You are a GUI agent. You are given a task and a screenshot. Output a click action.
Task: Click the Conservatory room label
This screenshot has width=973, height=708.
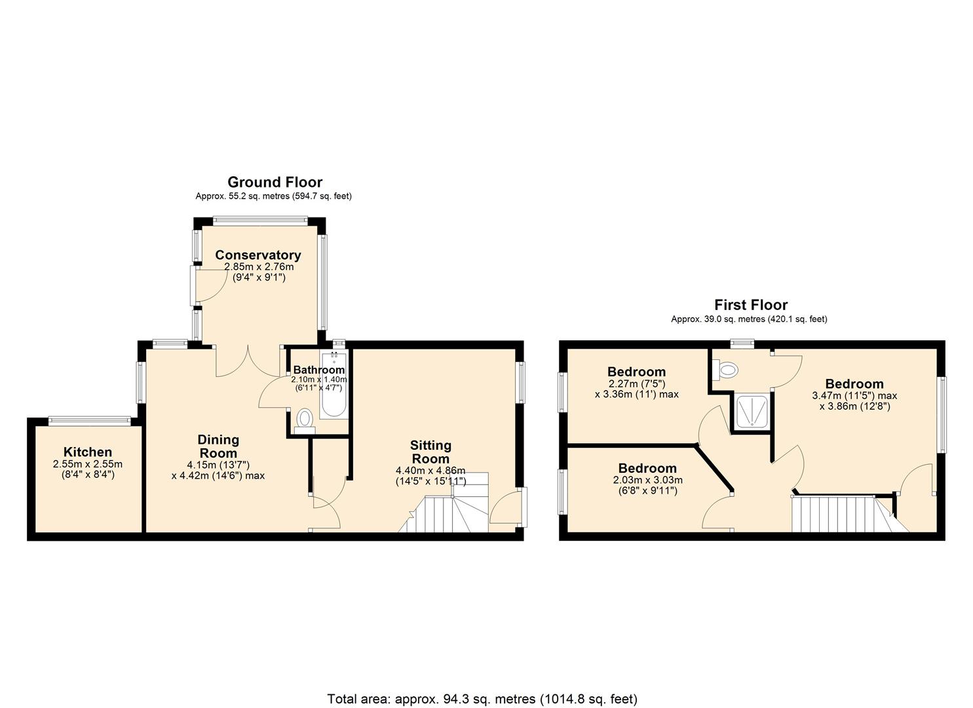[258, 255]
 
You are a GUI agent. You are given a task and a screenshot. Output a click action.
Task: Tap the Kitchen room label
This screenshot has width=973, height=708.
[88, 452]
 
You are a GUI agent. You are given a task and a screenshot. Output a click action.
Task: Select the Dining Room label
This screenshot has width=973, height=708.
[218, 446]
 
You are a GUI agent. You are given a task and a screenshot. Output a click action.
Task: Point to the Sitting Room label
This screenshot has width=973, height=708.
[430, 452]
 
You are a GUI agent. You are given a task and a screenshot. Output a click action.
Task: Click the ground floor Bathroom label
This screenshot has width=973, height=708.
[318, 370]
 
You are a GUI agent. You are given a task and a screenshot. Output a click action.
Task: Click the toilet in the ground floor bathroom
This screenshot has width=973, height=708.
[304, 418]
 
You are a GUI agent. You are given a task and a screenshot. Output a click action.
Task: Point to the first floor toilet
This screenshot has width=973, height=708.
[726, 370]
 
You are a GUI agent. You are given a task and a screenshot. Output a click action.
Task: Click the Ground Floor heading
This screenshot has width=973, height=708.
[275, 182]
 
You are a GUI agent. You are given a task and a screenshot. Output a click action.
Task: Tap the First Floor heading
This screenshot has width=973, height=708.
[750, 305]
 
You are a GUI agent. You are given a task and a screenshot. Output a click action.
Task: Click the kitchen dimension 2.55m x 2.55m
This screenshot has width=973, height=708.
[88, 464]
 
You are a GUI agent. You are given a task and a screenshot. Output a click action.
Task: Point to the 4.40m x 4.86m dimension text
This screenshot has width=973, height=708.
[430, 471]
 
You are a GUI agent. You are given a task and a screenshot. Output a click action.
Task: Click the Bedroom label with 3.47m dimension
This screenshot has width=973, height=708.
[854, 383]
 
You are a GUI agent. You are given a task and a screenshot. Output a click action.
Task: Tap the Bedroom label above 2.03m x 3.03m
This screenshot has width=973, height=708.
[647, 468]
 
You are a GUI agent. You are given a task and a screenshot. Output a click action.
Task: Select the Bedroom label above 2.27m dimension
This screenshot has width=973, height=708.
[636, 372]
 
